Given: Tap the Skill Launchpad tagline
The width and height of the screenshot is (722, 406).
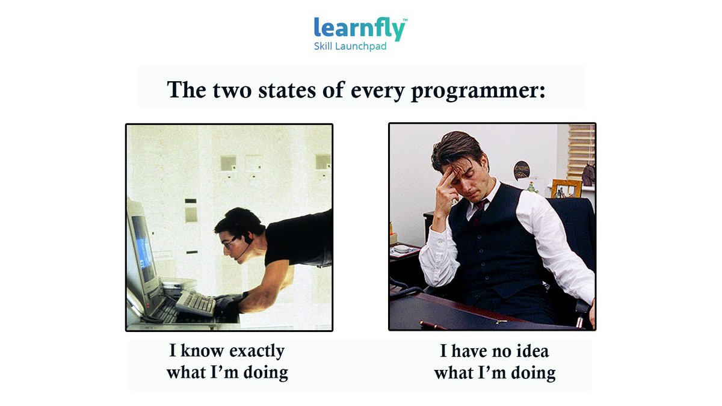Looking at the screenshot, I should tap(350, 46).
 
